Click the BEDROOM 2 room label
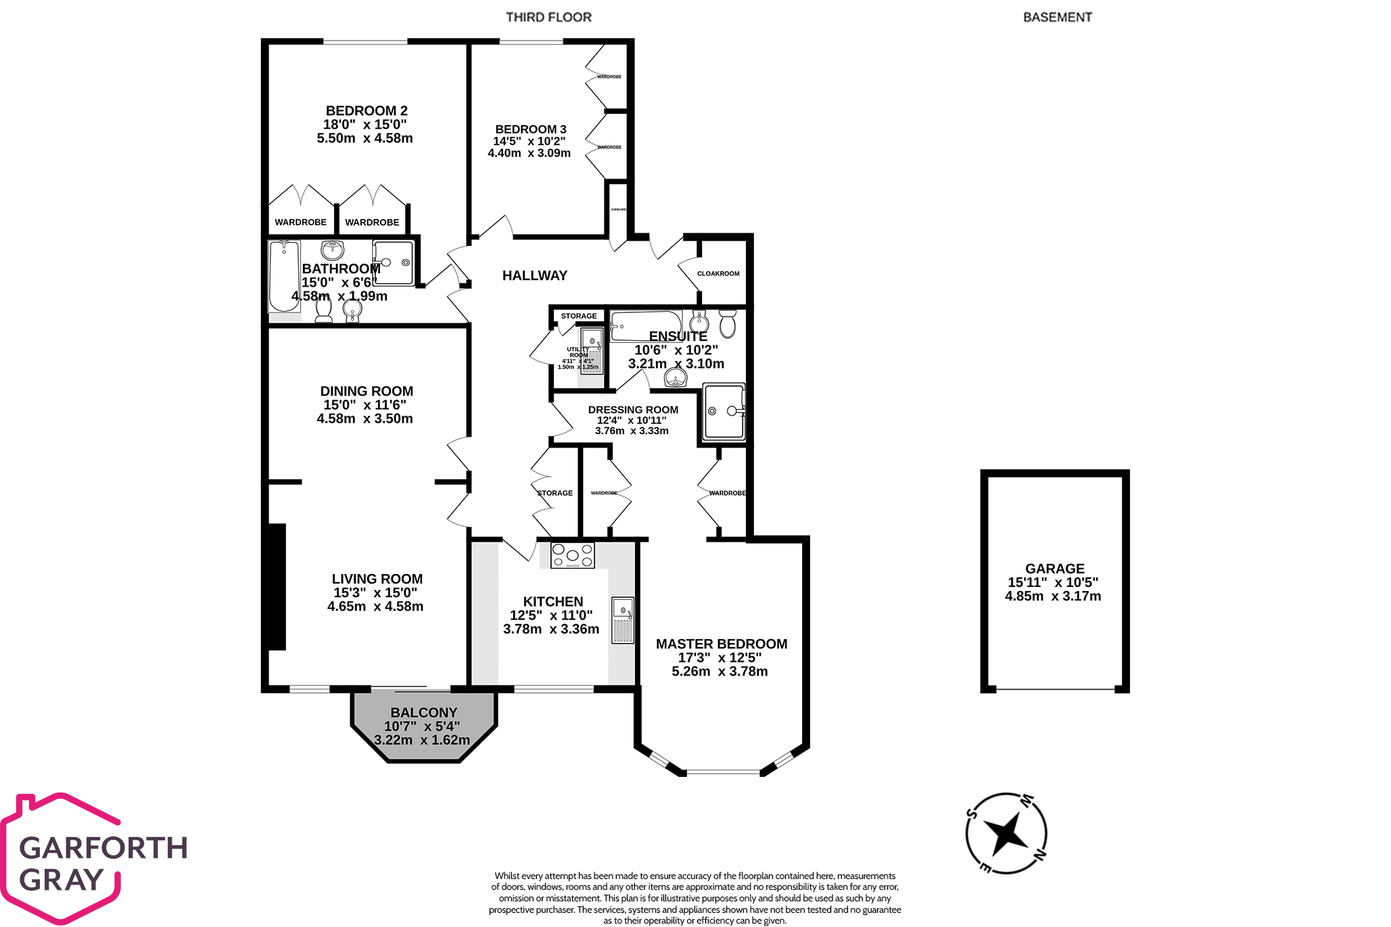(x=366, y=111)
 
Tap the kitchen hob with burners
(x=572, y=555)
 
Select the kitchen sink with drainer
(x=623, y=620)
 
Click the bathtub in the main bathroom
(x=284, y=276)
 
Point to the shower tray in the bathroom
(x=394, y=263)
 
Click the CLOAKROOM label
(x=718, y=274)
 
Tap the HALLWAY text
(x=534, y=276)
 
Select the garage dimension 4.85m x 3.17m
(x=1053, y=596)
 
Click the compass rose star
(x=1006, y=833)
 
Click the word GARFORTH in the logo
(x=103, y=848)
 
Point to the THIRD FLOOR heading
(x=548, y=18)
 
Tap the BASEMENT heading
(x=1057, y=18)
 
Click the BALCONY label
(x=423, y=713)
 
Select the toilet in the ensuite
(x=728, y=324)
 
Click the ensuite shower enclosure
(x=724, y=412)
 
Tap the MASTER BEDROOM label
(x=721, y=644)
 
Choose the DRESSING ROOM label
(x=633, y=410)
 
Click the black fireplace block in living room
(x=277, y=587)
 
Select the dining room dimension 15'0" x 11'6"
(x=364, y=405)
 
